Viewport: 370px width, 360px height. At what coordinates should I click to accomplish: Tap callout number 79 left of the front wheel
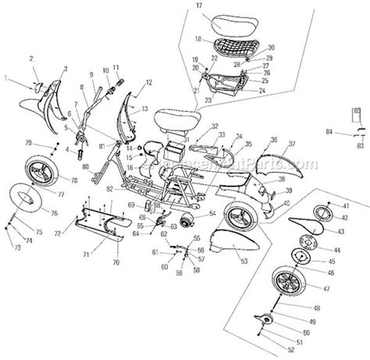(x=29, y=143)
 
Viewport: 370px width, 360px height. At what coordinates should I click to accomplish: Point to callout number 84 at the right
(x=331, y=132)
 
